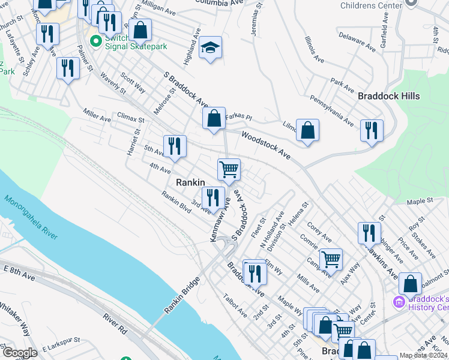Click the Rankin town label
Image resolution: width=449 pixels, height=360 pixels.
pyautogui.click(x=190, y=182)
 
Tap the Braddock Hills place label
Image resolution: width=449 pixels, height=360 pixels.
pyautogui.click(x=388, y=96)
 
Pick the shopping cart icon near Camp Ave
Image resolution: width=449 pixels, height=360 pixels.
pyautogui.click(x=331, y=259)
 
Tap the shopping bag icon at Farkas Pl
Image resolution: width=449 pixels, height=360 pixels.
pyautogui.click(x=214, y=118)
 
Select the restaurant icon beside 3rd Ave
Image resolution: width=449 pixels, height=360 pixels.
pyautogui.click(x=213, y=197)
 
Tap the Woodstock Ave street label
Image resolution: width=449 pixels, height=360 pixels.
pyautogui.click(x=266, y=145)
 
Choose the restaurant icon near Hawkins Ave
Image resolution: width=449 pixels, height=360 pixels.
pyautogui.click(x=369, y=233)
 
